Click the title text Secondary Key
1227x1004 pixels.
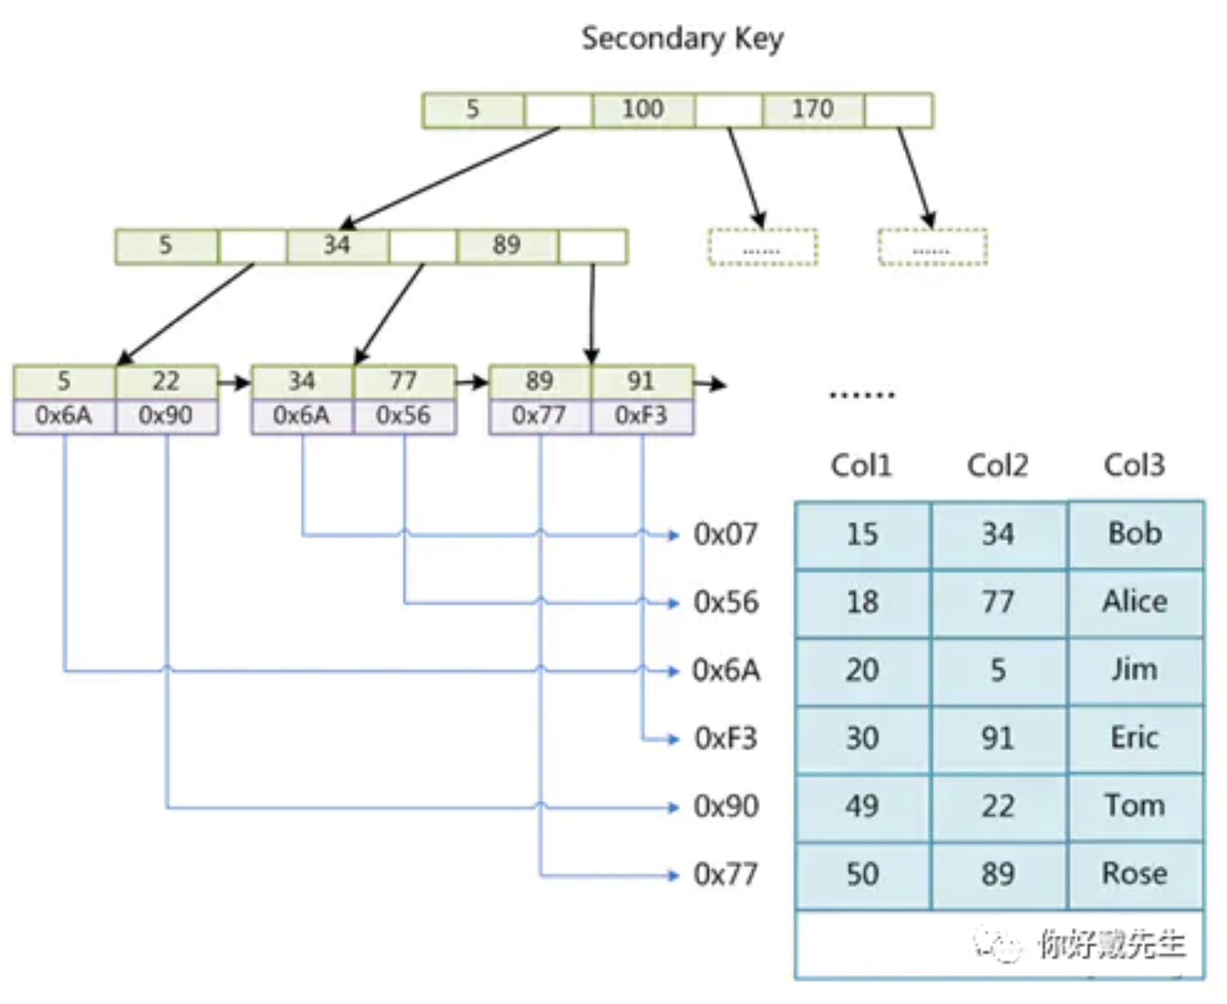(x=682, y=38)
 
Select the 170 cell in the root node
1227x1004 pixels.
(x=812, y=109)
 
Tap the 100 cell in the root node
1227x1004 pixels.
(x=642, y=109)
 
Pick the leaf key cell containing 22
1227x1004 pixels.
(x=166, y=381)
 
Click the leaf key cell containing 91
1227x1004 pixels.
(x=641, y=381)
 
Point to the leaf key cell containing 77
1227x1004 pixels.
(x=403, y=381)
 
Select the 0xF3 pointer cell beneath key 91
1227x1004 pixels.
(x=641, y=415)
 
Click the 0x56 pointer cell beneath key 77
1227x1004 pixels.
(x=403, y=415)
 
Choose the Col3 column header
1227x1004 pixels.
(x=1134, y=465)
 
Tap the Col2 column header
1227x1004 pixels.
(x=997, y=465)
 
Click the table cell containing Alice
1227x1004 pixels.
(x=1134, y=602)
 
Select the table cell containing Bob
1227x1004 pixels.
(x=1134, y=534)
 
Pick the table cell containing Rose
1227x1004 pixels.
(x=1134, y=874)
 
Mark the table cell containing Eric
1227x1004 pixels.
(x=1134, y=739)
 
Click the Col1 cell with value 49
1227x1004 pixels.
(x=862, y=806)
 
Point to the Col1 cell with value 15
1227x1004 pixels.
(x=862, y=534)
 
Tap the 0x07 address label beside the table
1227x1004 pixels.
(x=725, y=534)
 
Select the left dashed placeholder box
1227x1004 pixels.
(x=762, y=247)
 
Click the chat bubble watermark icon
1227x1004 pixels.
(x=998, y=945)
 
